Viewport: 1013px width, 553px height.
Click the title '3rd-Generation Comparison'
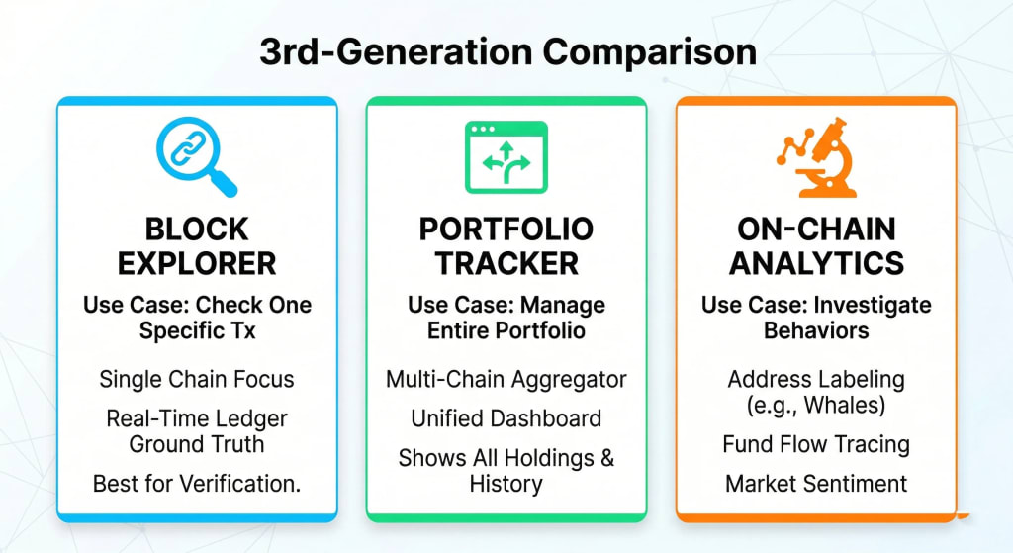pyautogui.click(x=507, y=52)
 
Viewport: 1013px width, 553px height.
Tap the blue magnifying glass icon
pyautogui.click(x=197, y=157)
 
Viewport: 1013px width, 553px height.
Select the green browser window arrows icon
pyautogui.click(x=506, y=157)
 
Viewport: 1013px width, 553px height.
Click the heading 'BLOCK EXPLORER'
pyautogui.click(x=197, y=246)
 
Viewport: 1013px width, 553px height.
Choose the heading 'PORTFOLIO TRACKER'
pyautogui.click(x=506, y=246)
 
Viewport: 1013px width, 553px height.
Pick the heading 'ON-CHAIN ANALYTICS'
pyautogui.click(x=816, y=246)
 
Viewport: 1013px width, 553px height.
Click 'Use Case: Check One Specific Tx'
pyautogui.click(x=197, y=318)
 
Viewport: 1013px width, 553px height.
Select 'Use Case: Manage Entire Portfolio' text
pyautogui.click(x=506, y=318)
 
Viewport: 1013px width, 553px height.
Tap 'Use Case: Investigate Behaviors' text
pyautogui.click(x=816, y=318)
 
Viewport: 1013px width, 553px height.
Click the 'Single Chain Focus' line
pyautogui.click(x=197, y=379)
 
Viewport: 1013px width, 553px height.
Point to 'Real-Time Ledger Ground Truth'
pyautogui.click(x=197, y=430)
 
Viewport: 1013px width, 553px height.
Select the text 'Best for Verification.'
pyautogui.click(x=197, y=484)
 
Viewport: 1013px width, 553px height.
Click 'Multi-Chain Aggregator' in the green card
pyautogui.click(x=506, y=379)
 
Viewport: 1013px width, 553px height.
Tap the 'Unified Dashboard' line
pyautogui.click(x=506, y=418)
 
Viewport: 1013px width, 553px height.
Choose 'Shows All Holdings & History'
pyautogui.click(x=506, y=471)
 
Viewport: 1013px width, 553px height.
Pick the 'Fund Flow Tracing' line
pyautogui.click(x=816, y=444)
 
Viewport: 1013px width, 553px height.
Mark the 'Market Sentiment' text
pyautogui.click(x=816, y=484)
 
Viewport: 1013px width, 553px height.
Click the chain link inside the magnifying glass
pyautogui.click(x=189, y=149)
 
